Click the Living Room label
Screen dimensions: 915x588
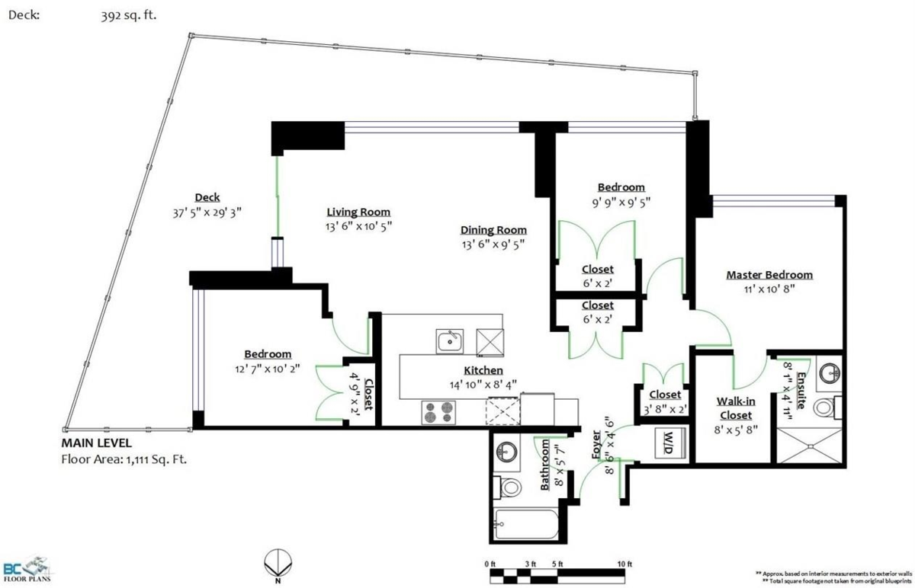tap(358, 213)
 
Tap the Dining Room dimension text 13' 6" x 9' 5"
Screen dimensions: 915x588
tap(493, 244)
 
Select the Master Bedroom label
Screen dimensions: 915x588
tap(769, 275)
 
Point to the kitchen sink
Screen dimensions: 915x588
tap(449, 341)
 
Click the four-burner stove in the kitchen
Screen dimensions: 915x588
tap(438, 412)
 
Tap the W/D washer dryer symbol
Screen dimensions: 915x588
tap(670, 443)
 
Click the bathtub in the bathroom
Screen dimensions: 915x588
tap(526, 524)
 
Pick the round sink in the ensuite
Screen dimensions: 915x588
tap(830, 374)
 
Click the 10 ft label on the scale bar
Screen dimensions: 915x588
tap(624, 564)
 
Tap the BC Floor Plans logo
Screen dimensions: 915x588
tap(27, 568)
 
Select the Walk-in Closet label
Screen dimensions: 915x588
tap(736, 408)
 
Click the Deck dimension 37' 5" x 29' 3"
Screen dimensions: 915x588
tap(207, 213)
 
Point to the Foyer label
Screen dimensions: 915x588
tap(596, 444)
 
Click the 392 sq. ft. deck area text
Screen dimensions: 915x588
tap(129, 16)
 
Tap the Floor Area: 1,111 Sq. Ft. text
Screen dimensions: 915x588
tap(124, 459)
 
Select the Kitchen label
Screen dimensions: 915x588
tap(483, 370)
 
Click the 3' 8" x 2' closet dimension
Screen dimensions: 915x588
tap(666, 409)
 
